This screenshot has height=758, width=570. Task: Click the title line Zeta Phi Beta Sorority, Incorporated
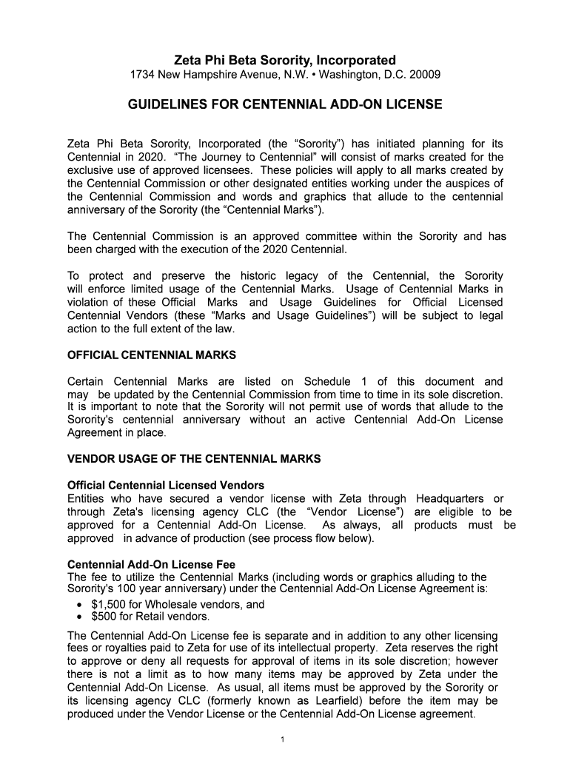285,60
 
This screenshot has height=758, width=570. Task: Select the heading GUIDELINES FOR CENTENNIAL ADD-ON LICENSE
285,105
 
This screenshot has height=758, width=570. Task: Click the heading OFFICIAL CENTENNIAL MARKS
152,355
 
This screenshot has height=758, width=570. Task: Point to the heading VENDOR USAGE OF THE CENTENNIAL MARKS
194,459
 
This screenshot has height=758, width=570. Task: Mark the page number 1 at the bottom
284,739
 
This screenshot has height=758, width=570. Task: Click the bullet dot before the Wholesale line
79,605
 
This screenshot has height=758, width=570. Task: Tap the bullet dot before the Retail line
79,617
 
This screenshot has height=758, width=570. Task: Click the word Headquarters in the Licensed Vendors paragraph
449,499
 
